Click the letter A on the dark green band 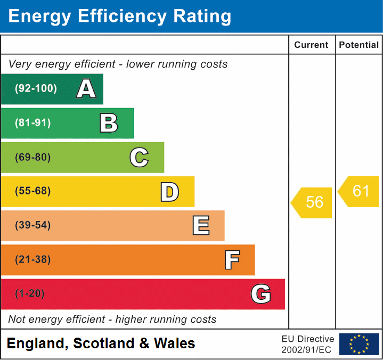tap(86, 89)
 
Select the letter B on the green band tap(109, 123)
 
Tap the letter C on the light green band tap(139, 158)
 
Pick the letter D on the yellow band tap(169, 192)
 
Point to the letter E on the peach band tap(200, 226)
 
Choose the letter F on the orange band tap(231, 260)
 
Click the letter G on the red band tap(261, 294)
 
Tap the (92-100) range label tap(36, 89)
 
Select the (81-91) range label tap(33, 123)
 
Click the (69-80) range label tap(33, 158)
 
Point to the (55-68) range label tap(33, 191)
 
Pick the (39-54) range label tap(33, 225)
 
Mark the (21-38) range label tap(33, 260)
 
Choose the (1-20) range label tap(30, 294)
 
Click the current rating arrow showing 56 tap(313, 202)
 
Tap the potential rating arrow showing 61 tap(360, 191)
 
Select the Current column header tap(312, 45)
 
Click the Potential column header tap(359, 45)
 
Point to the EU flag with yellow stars tap(359, 344)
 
